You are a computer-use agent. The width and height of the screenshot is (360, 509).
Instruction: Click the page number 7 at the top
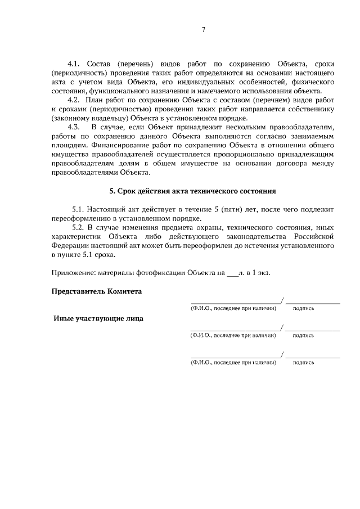coord(204,30)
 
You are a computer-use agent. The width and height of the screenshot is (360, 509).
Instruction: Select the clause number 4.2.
coord(75,100)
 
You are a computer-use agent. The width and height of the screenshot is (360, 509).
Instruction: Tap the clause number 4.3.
coord(75,127)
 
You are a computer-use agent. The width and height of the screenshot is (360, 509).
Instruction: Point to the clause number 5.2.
coord(82,227)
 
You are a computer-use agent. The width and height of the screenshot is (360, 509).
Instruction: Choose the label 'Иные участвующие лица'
coord(98,318)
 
